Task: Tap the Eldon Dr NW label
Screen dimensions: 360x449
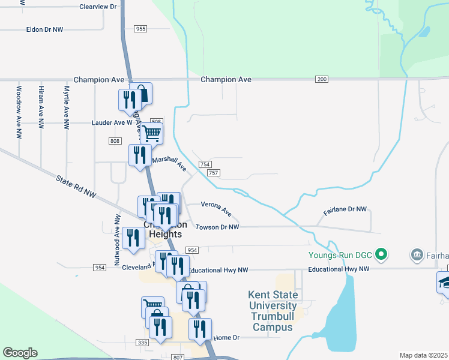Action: click(x=44, y=29)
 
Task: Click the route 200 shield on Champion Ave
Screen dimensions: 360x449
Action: click(x=322, y=79)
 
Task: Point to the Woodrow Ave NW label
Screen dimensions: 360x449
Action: click(x=19, y=106)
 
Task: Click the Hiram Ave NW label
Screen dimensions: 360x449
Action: click(x=41, y=106)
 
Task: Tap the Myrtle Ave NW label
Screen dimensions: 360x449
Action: click(x=67, y=106)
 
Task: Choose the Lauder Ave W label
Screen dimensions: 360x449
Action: click(x=112, y=122)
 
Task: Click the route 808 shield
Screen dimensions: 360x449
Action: click(x=115, y=140)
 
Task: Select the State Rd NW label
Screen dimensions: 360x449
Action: click(x=76, y=186)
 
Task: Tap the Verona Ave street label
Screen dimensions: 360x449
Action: click(x=216, y=208)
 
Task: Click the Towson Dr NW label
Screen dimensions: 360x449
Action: click(x=217, y=227)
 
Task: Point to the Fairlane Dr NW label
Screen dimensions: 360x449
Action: click(x=345, y=209)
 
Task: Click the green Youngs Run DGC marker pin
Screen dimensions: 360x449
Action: click(x=380, y=255)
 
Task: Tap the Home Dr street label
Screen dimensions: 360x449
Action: click(x=226, y=338)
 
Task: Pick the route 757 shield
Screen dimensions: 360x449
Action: click(x=214, y=173)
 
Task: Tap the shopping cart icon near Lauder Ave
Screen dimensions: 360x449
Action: click(x=152, y=133)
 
